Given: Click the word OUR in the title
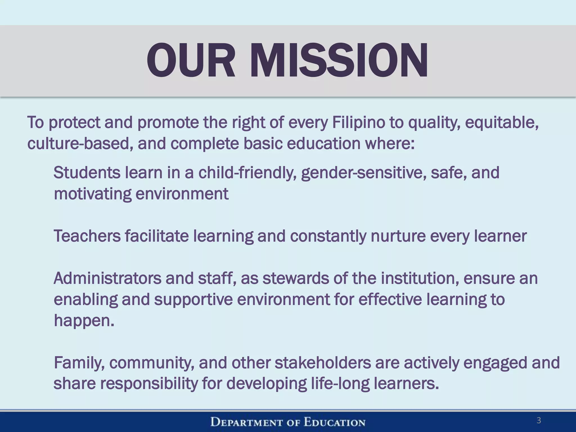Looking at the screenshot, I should coord(190,60).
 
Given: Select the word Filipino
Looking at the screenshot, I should coord(359,123).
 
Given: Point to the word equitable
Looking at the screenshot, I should coord(502,123).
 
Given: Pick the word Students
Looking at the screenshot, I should coord(87,172).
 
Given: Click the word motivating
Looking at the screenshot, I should coord(93,194).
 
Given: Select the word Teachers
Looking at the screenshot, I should coord(87,236).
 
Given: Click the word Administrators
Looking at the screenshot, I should coord(107,278).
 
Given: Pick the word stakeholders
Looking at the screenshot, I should coord(323,363).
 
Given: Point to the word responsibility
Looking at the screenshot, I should coord(149,384).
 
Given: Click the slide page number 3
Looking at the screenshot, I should coord(539,420).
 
